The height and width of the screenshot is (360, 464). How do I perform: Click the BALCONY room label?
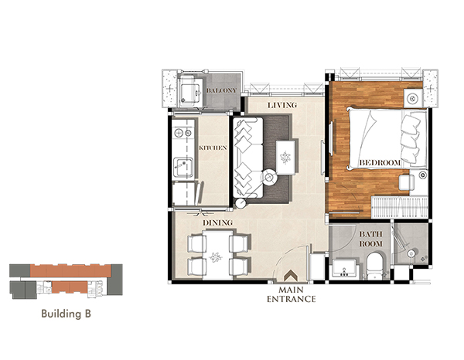tap(222, 90)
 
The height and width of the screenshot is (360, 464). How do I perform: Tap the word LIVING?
tap(282, 105)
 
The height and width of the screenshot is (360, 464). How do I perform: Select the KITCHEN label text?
tap(213, 148)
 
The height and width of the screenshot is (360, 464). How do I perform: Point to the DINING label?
tap(217, 222)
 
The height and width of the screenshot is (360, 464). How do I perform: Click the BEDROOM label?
tap(380, 162)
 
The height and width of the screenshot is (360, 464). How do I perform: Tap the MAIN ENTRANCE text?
tap(292, 294)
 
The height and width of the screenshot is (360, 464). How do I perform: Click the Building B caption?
tap(66, 314)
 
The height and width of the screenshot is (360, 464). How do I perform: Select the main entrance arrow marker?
tap(291, 276)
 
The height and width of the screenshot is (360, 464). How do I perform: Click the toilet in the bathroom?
tap(375, 265)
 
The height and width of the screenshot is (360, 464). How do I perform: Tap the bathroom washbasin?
tap(344, 268)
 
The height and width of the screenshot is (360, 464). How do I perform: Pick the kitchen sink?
tap(183, 168)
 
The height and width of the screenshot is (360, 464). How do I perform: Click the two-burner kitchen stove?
tap(183, 133)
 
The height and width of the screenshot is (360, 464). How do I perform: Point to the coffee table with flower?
tap(285, 158)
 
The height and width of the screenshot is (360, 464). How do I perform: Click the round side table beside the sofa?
tap(269, 178)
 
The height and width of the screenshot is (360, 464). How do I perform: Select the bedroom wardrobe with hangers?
tap(399, 207)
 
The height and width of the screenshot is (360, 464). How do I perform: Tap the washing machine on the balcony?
tap(190, 92)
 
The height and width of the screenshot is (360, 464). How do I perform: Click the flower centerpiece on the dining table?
tap(216, 257)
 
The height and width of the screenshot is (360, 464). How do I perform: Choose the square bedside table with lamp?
tap(413, 98)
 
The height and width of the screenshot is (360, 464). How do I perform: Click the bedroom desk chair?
tap(406, 182)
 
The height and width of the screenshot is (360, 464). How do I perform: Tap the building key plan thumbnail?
tap(66, 281)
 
